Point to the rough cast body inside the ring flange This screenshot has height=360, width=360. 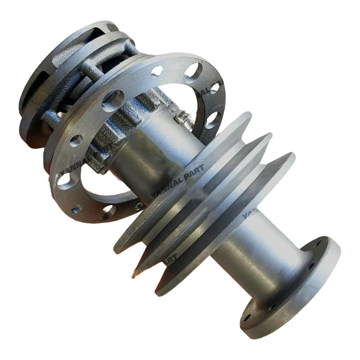(x=130, y=119)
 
